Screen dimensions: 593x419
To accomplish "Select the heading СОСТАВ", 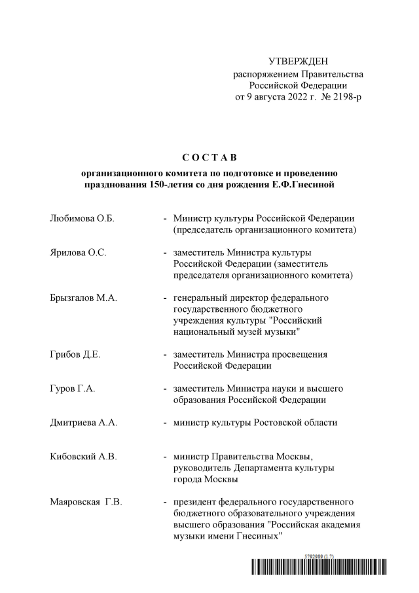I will (209, 158).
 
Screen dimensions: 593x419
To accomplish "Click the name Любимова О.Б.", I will (82, 218).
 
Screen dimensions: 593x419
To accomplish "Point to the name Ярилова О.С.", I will (78, 252).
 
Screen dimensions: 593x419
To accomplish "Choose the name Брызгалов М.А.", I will (83, 297).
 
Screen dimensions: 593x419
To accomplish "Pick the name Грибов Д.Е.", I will (75, 354).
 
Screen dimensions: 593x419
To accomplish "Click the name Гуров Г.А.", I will (73, 389).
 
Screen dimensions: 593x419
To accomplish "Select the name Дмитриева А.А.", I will (84, 423).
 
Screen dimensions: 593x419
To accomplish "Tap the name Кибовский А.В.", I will (83, 457).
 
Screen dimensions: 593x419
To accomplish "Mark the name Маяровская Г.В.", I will (86, 503).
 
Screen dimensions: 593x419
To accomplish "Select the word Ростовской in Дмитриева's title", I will (276, 423).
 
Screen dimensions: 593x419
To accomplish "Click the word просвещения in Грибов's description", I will (301, 354).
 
